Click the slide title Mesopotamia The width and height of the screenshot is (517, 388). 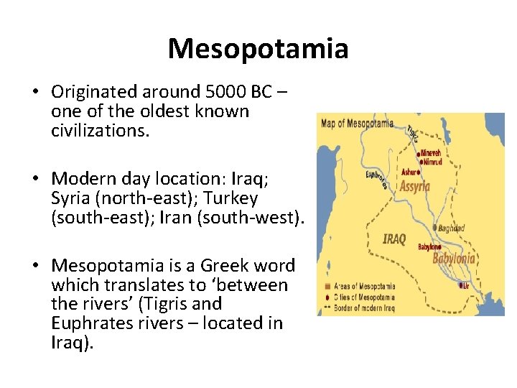(x=258, y=49)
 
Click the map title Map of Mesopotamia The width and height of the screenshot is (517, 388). (x=357, y=123)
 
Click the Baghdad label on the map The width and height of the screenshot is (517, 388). (x=451, y=228)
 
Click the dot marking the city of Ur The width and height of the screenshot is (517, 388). (x=461, y=284)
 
